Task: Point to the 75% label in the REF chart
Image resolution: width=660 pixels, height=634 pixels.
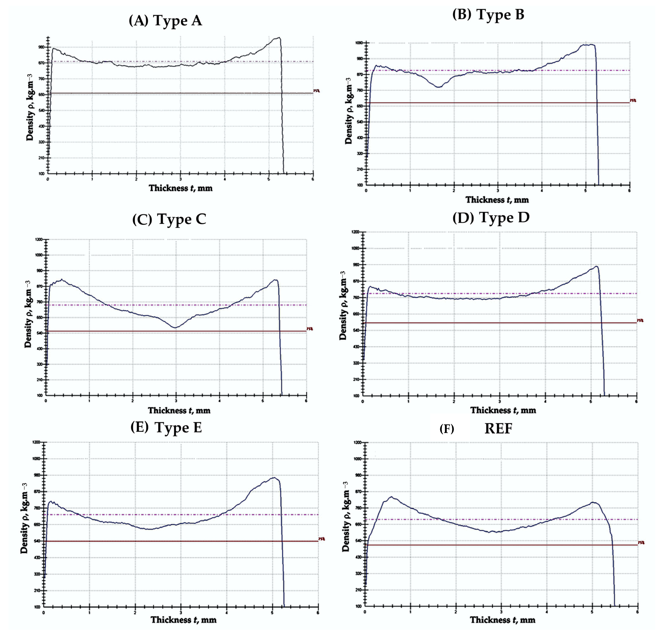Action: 641,543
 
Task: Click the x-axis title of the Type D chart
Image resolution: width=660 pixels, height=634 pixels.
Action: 503,410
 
